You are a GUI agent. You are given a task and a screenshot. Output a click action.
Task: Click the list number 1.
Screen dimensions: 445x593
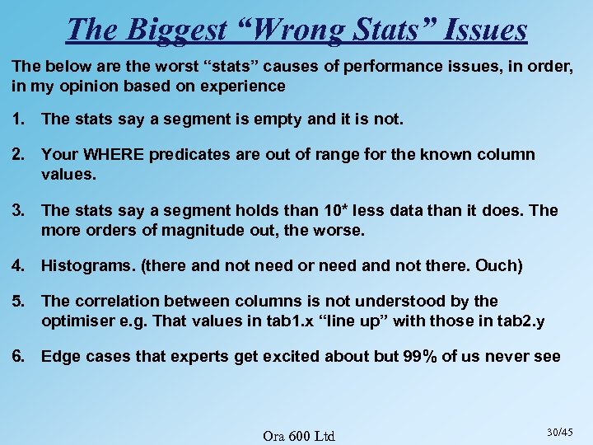(x=18, y=119)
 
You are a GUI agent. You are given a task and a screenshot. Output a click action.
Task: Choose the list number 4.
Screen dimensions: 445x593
(x=18, y=265)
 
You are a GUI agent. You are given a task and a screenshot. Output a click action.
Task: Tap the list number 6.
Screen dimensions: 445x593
(x=18, y=356)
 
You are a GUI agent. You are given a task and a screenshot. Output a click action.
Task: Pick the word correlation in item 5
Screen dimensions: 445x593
(x=114, y=301)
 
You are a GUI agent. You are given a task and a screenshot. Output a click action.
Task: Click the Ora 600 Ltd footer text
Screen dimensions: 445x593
(x=298, y=435)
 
